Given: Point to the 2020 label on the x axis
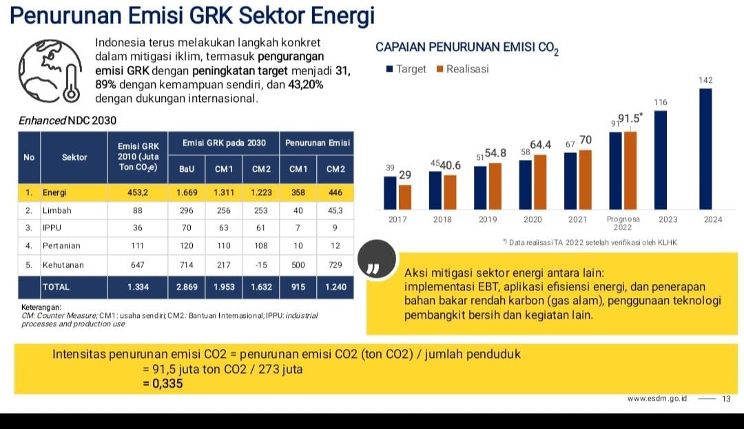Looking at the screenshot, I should click(x=533, y=219).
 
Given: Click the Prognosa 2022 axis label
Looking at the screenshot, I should click(x=623, y=223).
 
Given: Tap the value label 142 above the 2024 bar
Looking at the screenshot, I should click(x=705, y=80).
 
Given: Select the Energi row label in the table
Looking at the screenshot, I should click(x=54, y=192).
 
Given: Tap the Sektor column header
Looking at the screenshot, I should click(x=74, y=157).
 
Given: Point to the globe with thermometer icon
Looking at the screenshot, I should click(x=51, y=72).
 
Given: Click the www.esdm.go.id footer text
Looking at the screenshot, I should click(x=658, y=399).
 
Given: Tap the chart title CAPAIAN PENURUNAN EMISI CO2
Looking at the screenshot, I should click(x=465, y=48).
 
